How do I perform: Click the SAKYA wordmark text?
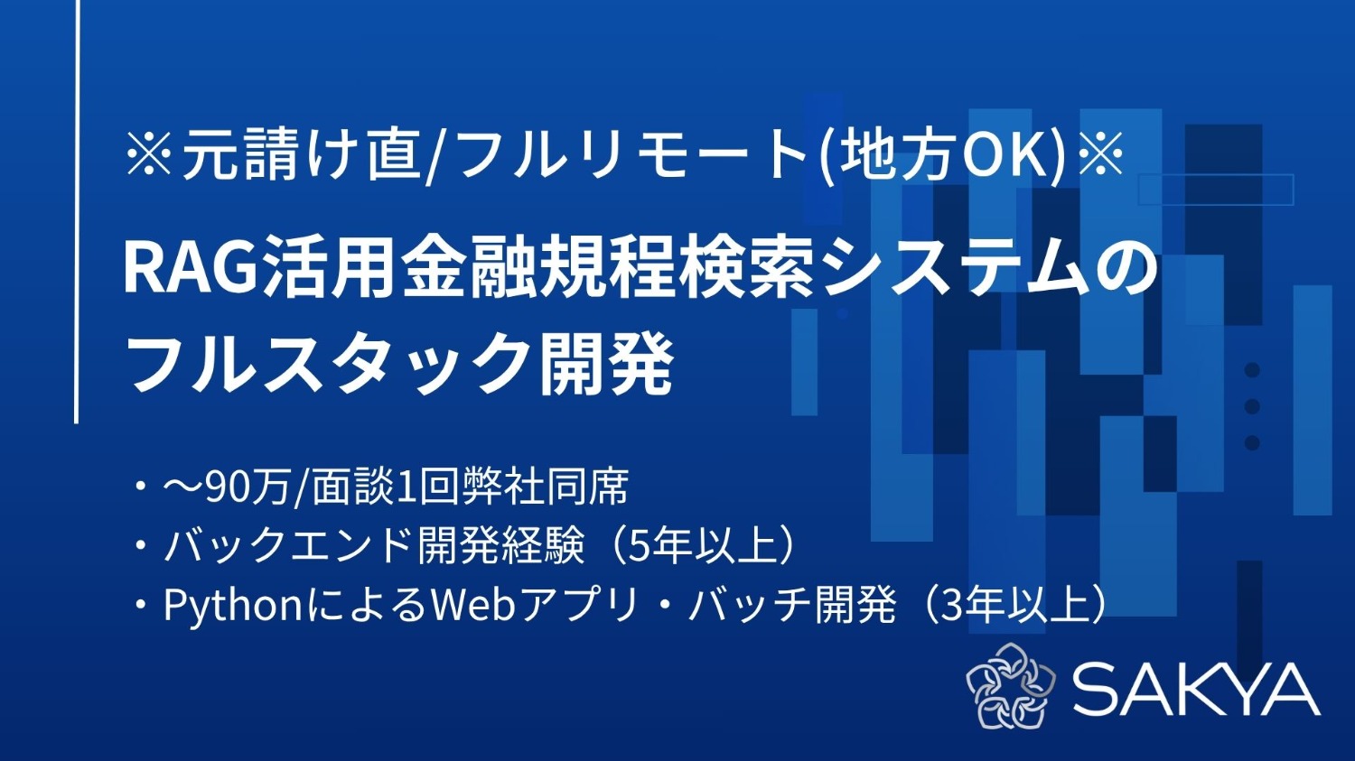[1196, 689]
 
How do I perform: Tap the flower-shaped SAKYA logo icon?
[1010, 686]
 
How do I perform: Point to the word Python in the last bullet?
[231, 606]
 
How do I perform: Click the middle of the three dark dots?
[1252, 406]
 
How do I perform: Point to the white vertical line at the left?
[77, 211]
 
